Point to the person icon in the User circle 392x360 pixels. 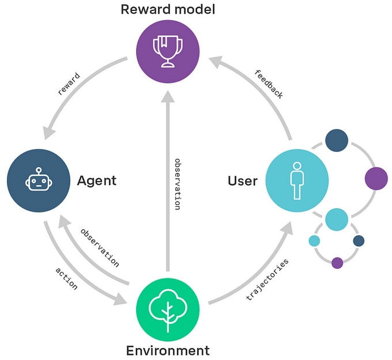point(297,181)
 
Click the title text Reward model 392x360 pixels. point(167,9)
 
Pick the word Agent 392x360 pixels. point(97,181)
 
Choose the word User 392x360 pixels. point(243,181)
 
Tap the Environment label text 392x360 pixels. point(167,350)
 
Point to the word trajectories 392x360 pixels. point(267,281)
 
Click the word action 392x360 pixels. point(66,278)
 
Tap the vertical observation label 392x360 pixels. point(178,183)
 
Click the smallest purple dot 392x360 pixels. point(337,263)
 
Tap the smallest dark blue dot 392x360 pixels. point(359,241)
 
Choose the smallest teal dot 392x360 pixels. point(314,241)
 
